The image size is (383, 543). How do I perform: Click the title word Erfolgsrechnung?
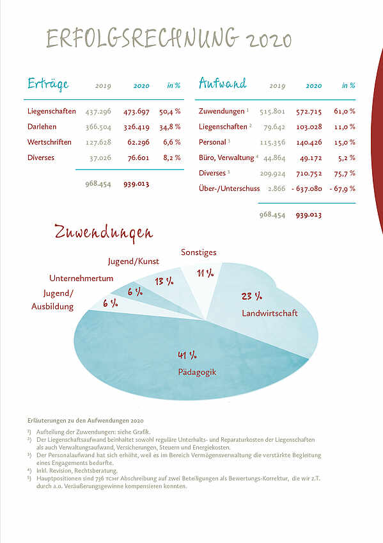click(x=143, y=38)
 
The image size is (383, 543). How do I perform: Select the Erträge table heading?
click(x=48, y=84)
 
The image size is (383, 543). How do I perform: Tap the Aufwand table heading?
click(x=223, y=83)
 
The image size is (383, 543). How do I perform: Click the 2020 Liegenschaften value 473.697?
click(x=137, y=111)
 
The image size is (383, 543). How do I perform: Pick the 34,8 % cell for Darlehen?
click(x=169, y=127)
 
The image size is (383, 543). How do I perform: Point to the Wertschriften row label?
click(x=49, y=142)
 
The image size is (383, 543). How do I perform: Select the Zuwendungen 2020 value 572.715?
click(x=309, y=111)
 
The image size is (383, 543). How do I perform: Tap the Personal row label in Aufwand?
click(x=212, y=142)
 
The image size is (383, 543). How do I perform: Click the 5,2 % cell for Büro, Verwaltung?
click(x=347, y=158)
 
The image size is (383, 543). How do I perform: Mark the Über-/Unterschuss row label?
click(x=229, y=188)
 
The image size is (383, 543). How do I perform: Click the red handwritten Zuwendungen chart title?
click(x=104, y=232)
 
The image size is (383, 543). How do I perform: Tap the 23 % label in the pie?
click(x=252, y=296)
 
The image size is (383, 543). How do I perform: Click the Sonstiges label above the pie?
click(x=199, y=252)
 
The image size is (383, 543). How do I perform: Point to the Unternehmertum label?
click(x=81, y=278)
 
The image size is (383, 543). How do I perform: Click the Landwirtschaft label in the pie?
click(x=270, y=313)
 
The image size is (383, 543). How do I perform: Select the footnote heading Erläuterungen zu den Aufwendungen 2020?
click(x=86, y=421)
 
